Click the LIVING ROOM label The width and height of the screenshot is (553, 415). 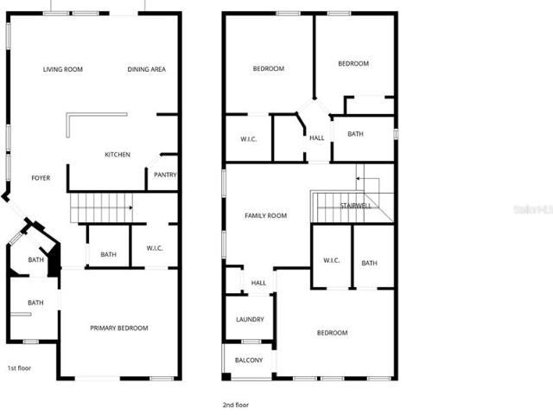[x=63, y=69]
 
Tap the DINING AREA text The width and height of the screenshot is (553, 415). [x=146, y=69]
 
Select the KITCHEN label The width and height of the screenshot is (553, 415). [x=118, y=155]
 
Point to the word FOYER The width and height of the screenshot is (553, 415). [x=41, y=178]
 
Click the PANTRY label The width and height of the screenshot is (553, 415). [x=165, y=175]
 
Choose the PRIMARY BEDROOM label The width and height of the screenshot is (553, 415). [x=119, y=329]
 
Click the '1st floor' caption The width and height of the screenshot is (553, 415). [x=19, y=368]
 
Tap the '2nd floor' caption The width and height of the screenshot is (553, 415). [x=236, y=405]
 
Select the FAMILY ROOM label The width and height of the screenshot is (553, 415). [x=265, y=215]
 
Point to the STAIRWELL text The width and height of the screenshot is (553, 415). [x=355, y=206]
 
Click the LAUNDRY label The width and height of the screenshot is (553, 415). [x=250, y=319]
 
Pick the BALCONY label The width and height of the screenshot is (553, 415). [x=249, y=361]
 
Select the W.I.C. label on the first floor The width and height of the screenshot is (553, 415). [x=155, y=248]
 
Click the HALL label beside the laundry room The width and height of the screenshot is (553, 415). [x=258, y=283]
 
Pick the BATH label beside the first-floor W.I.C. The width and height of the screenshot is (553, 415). [x=108, y=254]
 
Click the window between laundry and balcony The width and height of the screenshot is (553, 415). [x=251, y=342]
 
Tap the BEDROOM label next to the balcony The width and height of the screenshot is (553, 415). [x=332, y=333]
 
